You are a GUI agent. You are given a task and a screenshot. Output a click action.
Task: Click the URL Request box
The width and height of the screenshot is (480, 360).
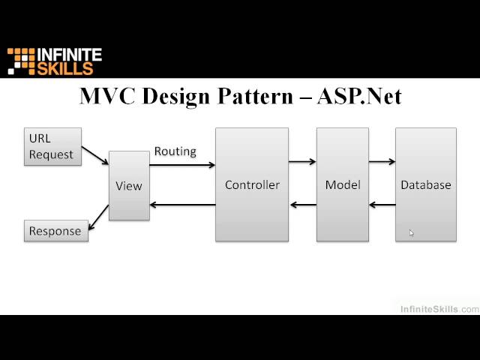click(x=52, y=146)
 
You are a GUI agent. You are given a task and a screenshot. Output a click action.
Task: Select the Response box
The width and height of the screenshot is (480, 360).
click(x=55, y=231)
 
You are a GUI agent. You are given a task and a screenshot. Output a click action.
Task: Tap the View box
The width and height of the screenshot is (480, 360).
click(x=129, y=185)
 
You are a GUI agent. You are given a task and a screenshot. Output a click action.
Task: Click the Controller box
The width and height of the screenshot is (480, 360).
click(x=252, y=184)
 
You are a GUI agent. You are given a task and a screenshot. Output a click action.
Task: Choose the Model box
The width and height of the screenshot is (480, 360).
click(x=342, y=184)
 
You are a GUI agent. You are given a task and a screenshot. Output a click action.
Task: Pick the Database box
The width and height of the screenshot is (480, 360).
click(x=425, y=184)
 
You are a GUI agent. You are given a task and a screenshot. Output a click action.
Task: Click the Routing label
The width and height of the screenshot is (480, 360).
click(x=175, y=151)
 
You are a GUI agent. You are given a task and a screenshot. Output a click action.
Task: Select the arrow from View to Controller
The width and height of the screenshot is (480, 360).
click(x=183, y=164)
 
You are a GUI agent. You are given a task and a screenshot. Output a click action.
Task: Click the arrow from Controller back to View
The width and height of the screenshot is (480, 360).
click(x=183, y=205)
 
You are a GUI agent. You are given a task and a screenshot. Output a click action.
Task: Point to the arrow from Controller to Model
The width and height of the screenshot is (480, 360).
click(x=302, y=161)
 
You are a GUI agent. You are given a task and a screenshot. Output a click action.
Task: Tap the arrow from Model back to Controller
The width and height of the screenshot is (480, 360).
click(x=302, y=205)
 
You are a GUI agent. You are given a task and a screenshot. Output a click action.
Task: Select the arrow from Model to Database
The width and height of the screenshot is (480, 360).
click(x=382, y=161)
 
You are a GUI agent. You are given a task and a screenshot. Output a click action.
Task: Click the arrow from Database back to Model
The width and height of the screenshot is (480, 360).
click(x=382, y=205)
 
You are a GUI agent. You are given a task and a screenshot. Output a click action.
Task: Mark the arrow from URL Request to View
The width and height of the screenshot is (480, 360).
click(x=94, y=154)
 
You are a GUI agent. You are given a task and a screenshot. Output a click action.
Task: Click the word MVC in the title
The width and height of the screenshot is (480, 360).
click(x=106, y=97)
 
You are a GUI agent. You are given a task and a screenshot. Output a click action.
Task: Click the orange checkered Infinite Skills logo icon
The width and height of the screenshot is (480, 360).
click(x=21, y=61)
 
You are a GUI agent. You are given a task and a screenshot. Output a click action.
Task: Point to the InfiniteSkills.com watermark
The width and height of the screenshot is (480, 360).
click(x=439, y=309)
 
